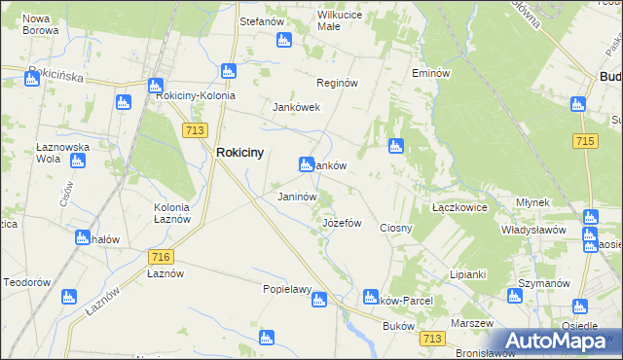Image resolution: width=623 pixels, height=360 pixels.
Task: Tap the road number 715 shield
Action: [x=585, y=141]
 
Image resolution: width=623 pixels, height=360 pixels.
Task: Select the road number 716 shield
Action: [x=162, y=256]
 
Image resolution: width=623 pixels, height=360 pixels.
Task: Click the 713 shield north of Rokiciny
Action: [x=193, y=128]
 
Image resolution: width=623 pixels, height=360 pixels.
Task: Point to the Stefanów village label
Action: [x=261, y=19]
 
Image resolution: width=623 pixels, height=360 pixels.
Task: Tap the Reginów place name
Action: [x=339, y=84]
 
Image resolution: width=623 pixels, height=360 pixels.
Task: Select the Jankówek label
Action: [x=297, y=107]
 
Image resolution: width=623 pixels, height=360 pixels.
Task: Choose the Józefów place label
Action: [x=342, y=223]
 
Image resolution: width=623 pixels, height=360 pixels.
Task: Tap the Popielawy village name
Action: [x=286, y=289]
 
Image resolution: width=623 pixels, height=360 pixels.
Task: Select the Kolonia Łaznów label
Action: [x=178, y=213]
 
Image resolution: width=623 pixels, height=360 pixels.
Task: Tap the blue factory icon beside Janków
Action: [x=306, y=165]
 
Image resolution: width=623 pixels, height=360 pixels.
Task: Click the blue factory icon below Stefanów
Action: [x=283, y=40]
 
